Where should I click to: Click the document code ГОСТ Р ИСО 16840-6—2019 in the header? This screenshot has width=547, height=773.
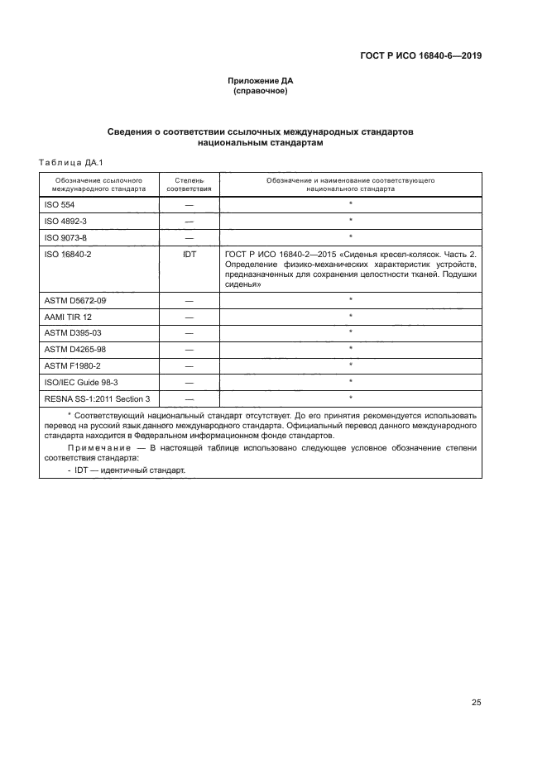(421, 56)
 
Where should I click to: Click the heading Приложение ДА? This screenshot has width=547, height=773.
(261, 81)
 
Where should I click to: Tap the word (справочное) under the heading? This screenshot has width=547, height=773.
(261, 91)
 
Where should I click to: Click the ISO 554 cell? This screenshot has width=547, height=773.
(59, 204)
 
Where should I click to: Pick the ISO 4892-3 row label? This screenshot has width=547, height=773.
(65, 221)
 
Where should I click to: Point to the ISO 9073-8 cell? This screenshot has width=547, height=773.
(65, 238)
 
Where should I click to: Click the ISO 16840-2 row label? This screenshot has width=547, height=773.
(67, 255)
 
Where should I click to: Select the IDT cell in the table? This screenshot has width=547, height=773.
(189, 255)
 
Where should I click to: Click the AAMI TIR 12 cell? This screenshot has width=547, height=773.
(68, 317)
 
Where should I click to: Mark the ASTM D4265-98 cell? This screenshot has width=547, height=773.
(74, 349)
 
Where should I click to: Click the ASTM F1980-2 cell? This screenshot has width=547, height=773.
(70, 365)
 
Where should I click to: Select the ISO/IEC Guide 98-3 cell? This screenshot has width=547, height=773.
(78, 382)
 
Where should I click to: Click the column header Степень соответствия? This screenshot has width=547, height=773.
(189, 184)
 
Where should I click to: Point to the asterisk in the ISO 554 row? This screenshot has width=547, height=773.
(350, 203)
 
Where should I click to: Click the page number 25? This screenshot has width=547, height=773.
(476, 703)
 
